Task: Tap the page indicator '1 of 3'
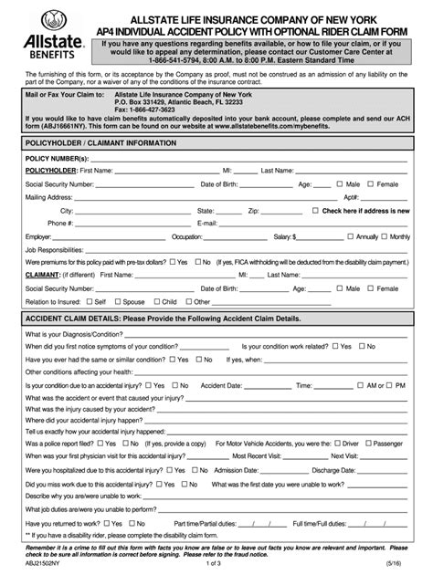tap(216, 565)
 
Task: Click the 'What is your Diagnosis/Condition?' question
tap(78, 333)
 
